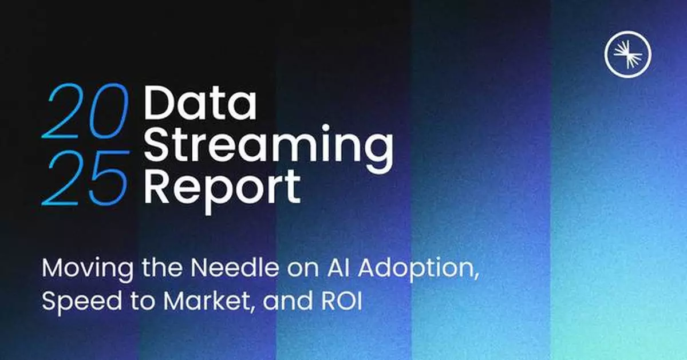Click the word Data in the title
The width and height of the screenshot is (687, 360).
[x=200, y=104]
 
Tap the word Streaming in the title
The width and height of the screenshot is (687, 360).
[x=268, y=144]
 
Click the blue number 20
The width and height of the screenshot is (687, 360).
[x=84, y=111]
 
